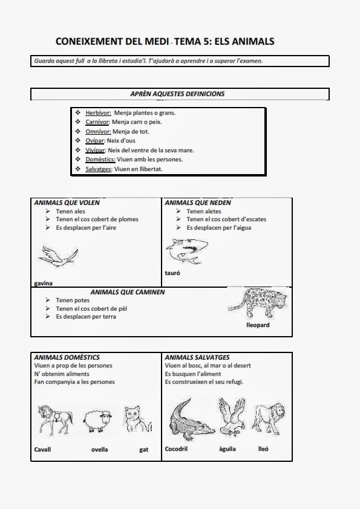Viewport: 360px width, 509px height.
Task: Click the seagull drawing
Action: [59, 256]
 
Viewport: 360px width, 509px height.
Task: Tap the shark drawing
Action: [186, 251]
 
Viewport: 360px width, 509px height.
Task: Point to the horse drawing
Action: [55, 420]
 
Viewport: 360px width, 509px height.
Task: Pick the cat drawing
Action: [137, 420]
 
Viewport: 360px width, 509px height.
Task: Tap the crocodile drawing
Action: [191, 420]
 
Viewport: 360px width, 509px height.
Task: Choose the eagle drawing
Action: [232, 417]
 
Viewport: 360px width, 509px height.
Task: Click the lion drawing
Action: [269, 419]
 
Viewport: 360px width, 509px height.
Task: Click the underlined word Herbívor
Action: [98, 113]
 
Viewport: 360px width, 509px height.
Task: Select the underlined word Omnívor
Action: [98, 131]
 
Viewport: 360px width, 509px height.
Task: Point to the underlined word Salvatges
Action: [99, 169]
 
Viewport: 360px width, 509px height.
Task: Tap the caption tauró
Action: [172, 273]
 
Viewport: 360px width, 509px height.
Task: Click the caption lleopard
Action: [258, 325]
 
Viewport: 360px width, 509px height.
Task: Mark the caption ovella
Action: [99, 450]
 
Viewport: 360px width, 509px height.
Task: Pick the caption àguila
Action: [227, 449]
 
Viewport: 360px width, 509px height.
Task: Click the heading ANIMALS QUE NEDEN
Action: [197, 203]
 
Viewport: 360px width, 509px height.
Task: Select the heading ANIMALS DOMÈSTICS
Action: [67, 357]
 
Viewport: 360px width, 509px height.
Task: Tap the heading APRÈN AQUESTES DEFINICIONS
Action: [177, 94]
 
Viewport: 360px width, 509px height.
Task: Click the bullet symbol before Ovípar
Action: [77, 140]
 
